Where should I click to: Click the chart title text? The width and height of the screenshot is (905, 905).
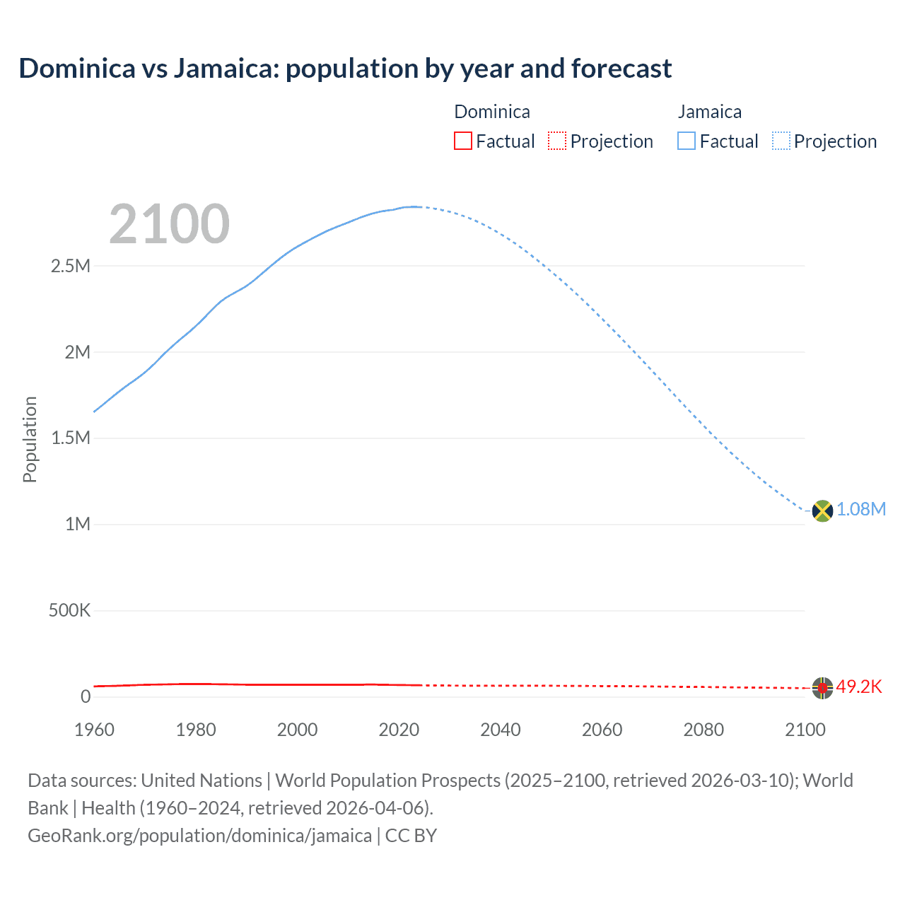pyautogui.click(x=345, y=69)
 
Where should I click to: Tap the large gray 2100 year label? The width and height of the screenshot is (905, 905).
pyautogui.click(x=169, y=224)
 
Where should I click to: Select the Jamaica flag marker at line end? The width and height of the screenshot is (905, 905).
pyautogui.click(x=822, y=510)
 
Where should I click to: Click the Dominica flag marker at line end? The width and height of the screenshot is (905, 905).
pyautogui.click(x=822, y=687)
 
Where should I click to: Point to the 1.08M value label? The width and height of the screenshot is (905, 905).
pyautogui.click(x=861, y=510)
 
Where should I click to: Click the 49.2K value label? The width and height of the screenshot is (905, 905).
pyautogui.click(x=859, y=687)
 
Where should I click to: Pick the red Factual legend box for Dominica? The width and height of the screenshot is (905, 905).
pyautogui.click(x=462, y=141)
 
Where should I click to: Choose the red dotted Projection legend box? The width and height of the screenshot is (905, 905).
pyautogui.click(x=557, y=141)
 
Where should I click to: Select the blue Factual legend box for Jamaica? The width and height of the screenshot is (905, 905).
pyautogui.click(x=687, y=141)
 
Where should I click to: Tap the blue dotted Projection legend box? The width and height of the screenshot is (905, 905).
pyautogui.click(x=781, y=141)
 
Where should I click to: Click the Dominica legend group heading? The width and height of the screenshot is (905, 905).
pyautogui.click(x=492, y=112)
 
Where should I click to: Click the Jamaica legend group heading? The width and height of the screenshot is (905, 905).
pyautogui.click(x=710, y=112)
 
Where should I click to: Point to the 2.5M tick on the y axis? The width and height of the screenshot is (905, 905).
pyautogui.click(x=71, y=267)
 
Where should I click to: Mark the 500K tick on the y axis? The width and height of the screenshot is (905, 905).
pyautogui.click(x=69, y=610)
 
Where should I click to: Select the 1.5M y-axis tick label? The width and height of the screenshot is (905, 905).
pyautogui.click(x=71, y=438)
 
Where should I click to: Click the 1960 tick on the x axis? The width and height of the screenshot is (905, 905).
pyautogui.click(x=94, y=730)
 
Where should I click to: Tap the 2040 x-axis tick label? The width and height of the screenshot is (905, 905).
pyautogui.click(x=501, y=730)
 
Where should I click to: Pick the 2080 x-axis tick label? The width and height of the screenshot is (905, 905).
pyautogui.click(x=703, y=730)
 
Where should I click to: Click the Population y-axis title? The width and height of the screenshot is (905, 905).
pyautogui.click(x=30, y=439)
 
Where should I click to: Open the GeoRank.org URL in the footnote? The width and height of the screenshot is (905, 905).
pyautogui.click(x=199, y=836)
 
